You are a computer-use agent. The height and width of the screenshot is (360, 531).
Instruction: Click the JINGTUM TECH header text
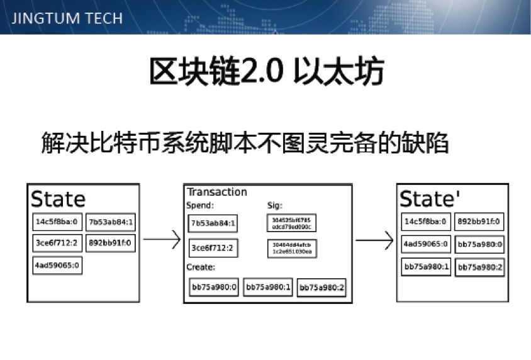67,18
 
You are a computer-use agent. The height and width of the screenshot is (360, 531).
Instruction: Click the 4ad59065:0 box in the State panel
57,266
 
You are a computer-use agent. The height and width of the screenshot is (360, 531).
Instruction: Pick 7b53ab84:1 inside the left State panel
111,222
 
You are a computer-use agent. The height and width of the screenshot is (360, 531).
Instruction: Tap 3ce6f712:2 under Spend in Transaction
213,248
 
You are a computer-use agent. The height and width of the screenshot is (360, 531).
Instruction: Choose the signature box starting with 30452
291,223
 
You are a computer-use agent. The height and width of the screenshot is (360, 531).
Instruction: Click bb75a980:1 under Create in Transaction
268,287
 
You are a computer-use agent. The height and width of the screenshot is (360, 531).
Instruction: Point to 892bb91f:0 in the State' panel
479,222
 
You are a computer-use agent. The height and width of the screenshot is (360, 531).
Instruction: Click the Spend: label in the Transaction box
201,205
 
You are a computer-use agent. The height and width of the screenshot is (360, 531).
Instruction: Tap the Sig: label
275,205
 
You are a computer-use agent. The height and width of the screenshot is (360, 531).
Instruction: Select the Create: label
202,267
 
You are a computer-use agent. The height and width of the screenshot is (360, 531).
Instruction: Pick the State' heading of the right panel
430,199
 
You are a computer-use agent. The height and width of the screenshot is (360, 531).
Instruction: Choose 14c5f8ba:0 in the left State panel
57,222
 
